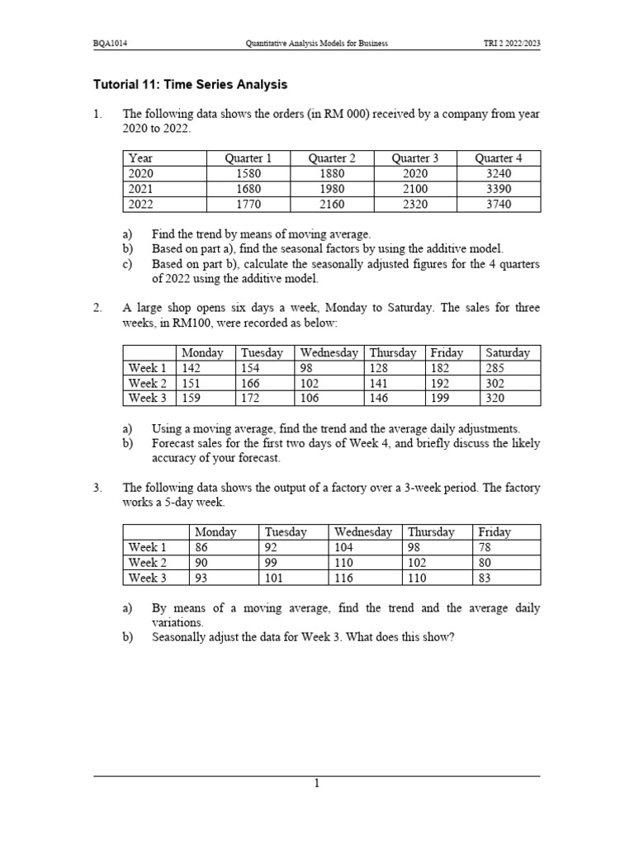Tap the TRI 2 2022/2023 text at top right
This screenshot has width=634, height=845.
coord(512,43)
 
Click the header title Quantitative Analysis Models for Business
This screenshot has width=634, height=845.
coord(317,43)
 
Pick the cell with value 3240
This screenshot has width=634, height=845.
coord(499,173)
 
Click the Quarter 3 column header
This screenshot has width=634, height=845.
coord(415,158)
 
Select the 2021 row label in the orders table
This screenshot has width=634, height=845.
coord(140,189)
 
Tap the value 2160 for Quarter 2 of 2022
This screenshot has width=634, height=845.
coord(332,204)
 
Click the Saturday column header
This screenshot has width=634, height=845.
coord(508,352)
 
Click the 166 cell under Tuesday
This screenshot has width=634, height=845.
coord(250,383)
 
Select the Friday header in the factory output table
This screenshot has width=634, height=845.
coord(494,532)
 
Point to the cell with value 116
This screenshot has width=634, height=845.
coord(344,578)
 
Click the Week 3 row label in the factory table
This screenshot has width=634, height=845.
coord(148,578)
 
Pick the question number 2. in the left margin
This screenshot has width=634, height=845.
coord(97,308)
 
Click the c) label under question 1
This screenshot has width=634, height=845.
coord(127,264)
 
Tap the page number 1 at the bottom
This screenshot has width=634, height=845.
coord(316,784)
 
